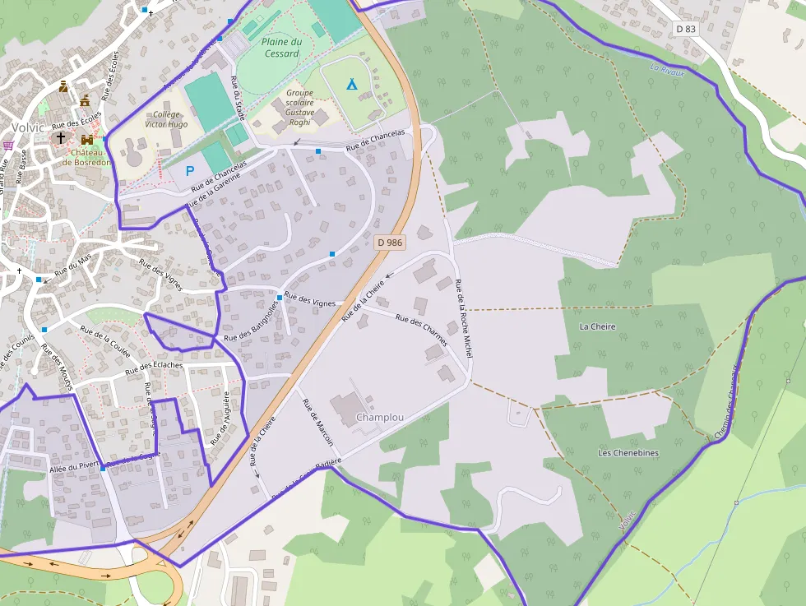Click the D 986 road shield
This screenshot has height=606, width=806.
coord(390,243)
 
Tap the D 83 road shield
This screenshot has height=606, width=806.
coord(685,29)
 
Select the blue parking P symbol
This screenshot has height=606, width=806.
coord(190,171)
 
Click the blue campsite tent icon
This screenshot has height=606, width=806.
coord(352,83)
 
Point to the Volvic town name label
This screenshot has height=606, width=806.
coord(28,127)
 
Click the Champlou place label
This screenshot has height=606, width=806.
coord(380,418)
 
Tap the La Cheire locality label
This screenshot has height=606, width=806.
coord(597,326)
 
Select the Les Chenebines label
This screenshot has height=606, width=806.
coord(628,453)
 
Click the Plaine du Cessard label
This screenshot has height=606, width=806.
coord(282,48)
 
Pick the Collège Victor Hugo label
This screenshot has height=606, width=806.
coord(166,120)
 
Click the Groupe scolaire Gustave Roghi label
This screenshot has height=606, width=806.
coord(299,108)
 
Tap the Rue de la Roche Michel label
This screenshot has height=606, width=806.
coord(464,319)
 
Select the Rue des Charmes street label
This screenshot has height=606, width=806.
coord(421,329)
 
